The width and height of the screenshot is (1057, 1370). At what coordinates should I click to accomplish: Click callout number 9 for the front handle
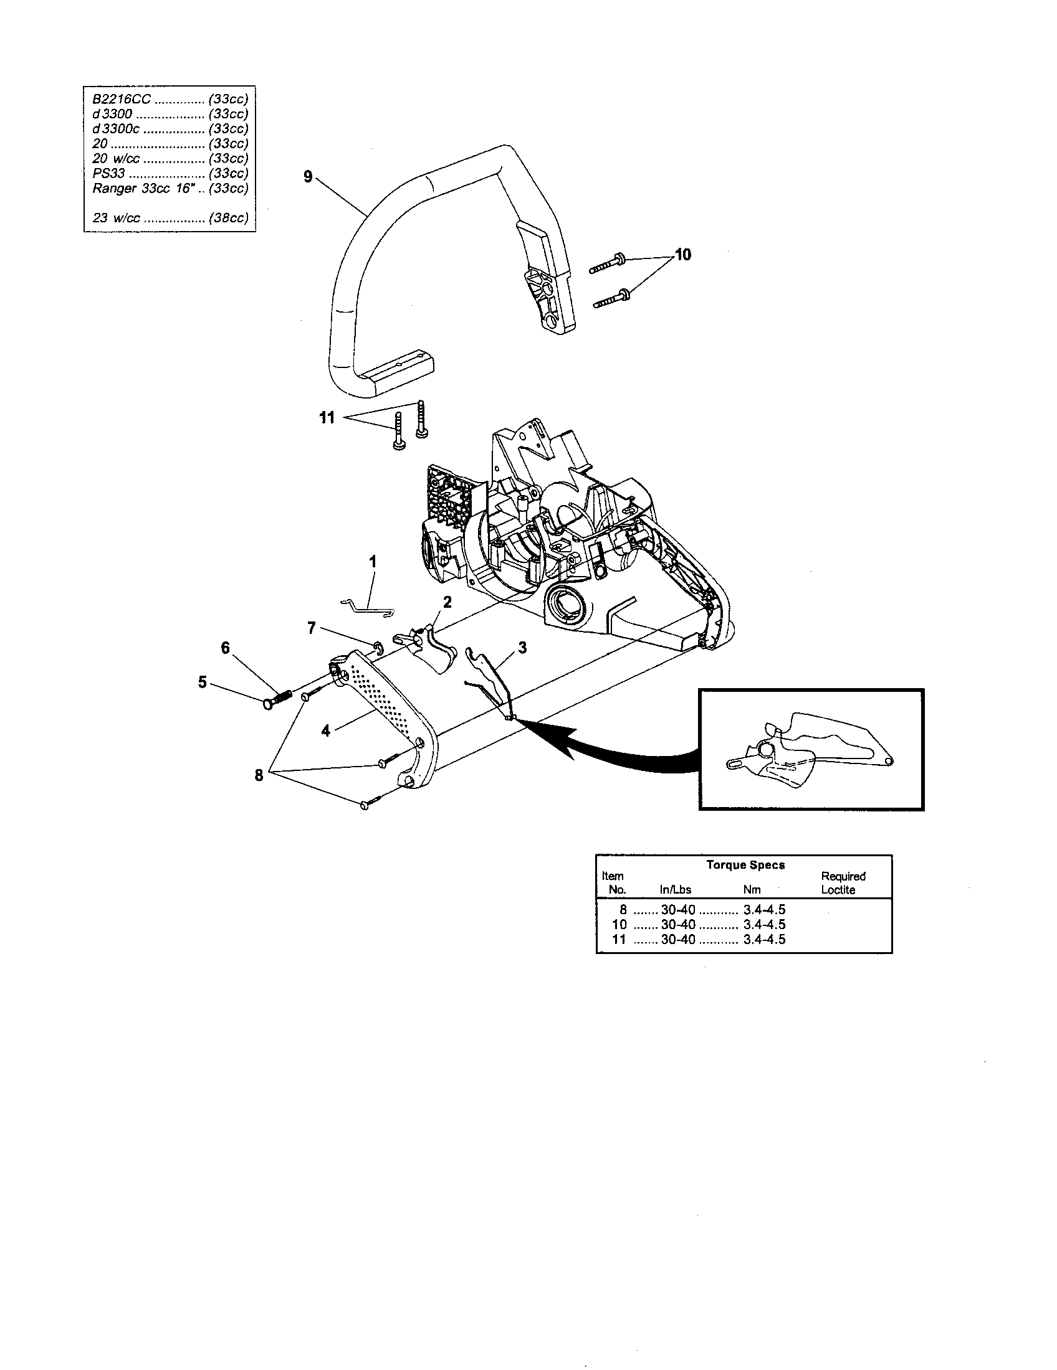[x=307, y=177]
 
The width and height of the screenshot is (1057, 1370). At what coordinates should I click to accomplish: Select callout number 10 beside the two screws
[x=682, y=255]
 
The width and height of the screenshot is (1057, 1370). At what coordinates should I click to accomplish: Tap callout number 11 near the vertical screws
[x=327, y=418]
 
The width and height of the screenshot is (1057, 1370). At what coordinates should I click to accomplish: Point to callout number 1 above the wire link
[x=373, y=562]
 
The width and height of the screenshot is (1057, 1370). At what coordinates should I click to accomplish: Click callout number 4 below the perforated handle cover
[x=325, y=730]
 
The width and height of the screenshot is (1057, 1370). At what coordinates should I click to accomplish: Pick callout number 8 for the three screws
[x=259, y=775]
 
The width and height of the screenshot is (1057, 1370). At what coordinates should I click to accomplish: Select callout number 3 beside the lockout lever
[x=522, y=648]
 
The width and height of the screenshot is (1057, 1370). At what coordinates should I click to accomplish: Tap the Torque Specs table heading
[x=745, y=865]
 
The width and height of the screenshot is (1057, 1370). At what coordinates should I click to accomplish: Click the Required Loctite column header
[x=843, y=883]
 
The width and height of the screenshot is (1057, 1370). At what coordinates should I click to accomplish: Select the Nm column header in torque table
[x=752, y=890]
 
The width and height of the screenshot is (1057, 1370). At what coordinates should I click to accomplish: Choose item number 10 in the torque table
[x=619, y=925]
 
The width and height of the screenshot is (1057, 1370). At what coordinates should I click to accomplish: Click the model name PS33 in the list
[x=108, y=173]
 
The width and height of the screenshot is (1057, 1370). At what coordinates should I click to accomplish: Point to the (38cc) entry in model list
[x=229, y=219]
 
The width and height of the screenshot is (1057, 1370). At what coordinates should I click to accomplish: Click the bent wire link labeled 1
[x=367, y=607]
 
